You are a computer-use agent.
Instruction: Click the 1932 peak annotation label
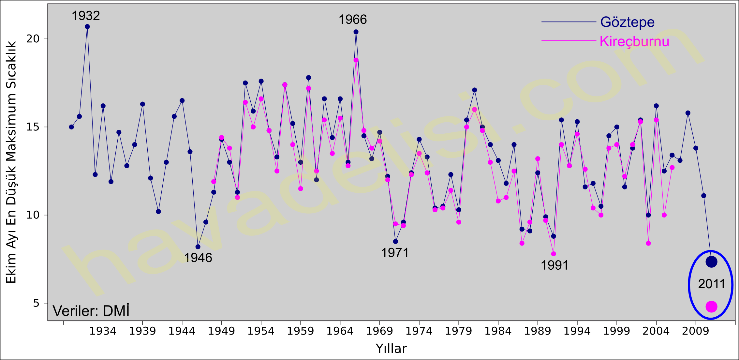pyautogui.click(x=85, y=16)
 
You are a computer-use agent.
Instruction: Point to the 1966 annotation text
pyautogui.click(x=352, y=20)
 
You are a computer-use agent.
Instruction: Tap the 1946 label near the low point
pyautogui.click(x=198, y=258)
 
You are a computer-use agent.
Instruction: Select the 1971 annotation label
pyautogui.click(x=395, y=253)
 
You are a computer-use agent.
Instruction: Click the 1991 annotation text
pyautogui.click(x=554, y=265)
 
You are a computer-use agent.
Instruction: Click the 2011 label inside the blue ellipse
pyautogui.click(x=711, y=284)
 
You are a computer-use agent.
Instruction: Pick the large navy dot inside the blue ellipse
pyautogui.click(x=711, y=262)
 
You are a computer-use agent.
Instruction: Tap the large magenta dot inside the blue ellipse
pyautogui.click(x=711, y=306)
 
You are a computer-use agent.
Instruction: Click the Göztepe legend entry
pyautogui.click(x=627, y=22)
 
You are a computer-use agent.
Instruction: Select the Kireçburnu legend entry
pyautogui.click(x=634, y=41)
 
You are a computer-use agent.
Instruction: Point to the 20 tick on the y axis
pyautogui.click(x=33, y=39)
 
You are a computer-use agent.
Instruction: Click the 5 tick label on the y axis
pyautogui.click(x=36, y=303)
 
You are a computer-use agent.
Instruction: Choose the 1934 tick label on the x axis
pyautogui.click(x=103, y=331)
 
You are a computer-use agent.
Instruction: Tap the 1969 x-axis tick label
pyautogui.click(x=379, y=331)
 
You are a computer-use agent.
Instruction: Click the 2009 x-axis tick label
pyautogui.click(x=696, y=331)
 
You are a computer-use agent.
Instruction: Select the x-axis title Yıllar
pyautogui.click(x=391, y=349)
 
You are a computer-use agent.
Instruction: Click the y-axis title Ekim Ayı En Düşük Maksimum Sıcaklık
pyautogui.click(x=11, y=162)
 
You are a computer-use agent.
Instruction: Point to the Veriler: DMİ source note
pyautogui.click(x=91, y=311)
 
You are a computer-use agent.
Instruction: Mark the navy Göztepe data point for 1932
pyautogui.click(x=87, y=27)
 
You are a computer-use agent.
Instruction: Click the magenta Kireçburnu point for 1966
pyautogui.click(x=356, y=60)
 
